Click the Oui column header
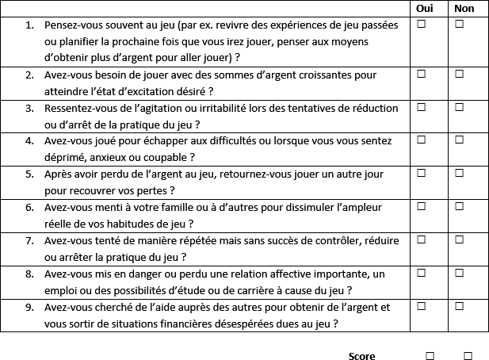pos(422,8)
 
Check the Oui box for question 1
pos(422,25)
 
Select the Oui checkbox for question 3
pos(422,106)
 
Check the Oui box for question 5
pos(422,172)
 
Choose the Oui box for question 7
pos(422,239)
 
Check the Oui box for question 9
pos(422,305)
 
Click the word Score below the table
pos(362,356)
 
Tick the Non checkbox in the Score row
pos(468,355)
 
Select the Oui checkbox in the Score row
pos(430,355)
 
